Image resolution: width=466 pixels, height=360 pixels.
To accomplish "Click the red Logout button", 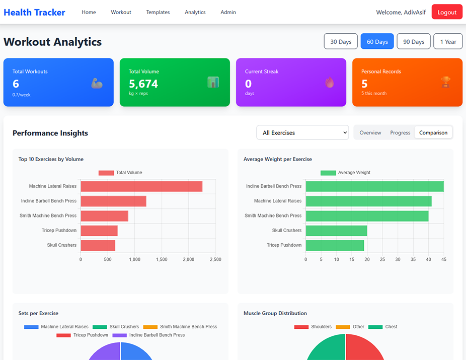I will coord(447,12).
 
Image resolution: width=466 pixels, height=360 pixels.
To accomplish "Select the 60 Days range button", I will coord(377,42).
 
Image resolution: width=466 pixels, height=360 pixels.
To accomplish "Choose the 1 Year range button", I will coord(448,42).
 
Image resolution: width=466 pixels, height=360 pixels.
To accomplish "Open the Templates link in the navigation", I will coord(158,12).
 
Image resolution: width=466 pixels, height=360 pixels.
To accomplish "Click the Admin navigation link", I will coord(228,12).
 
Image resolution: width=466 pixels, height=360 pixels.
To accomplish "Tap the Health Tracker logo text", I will coord(34,12).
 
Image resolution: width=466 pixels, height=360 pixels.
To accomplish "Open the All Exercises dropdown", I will coord(302,133).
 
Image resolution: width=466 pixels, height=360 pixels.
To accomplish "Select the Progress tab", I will coord(400,133).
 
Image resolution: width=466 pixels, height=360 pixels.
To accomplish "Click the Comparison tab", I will coord(433,133).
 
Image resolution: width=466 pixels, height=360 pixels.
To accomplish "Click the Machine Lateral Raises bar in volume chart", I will coord(141,186).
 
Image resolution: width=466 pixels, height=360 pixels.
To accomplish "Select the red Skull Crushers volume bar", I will coord(98,245).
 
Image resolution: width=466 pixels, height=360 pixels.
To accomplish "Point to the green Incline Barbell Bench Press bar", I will coord(374,186).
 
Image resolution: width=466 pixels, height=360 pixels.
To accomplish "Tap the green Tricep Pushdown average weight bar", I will coord(335,245).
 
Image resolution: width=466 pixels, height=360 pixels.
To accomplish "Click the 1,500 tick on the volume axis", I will coord(162,260).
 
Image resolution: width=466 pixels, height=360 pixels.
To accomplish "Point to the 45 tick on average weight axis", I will coord(443,260).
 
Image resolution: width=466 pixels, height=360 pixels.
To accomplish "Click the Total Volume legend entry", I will coord(121,173).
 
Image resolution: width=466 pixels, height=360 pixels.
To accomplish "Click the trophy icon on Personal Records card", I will coord(445,82).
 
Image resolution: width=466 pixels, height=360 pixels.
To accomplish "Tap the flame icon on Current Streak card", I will coord(329,82).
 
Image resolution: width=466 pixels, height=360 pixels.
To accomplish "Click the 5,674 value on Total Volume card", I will coord(143,84).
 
